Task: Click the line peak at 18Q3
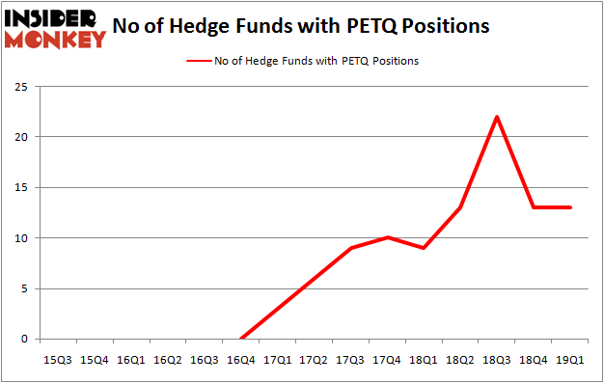[497, 117]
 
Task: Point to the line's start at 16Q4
[241, 339]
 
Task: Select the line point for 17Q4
[388, 237]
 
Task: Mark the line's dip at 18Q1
[424, 248]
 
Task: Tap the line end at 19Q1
[570, 207]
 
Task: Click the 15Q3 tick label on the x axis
[58, 359]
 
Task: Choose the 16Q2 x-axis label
[168, 359]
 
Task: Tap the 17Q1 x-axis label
[278, 359]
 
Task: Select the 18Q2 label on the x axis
[460, 359]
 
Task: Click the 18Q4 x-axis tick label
[534, 359]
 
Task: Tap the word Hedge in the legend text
[279, 61]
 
